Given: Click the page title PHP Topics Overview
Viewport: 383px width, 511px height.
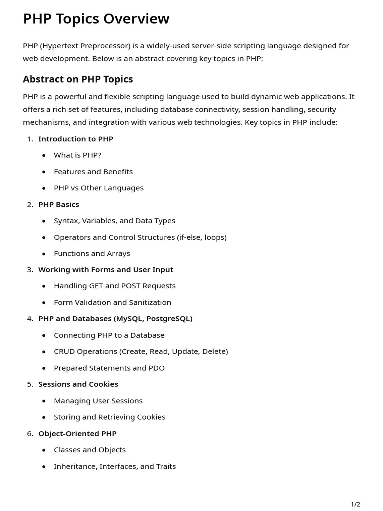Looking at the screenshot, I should click(96, 19).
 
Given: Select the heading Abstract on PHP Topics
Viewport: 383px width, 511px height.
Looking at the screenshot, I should click(78, 79).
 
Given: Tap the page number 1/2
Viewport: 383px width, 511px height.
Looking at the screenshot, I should click(355, 504).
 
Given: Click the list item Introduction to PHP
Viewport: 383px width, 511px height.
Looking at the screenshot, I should click(76, 139).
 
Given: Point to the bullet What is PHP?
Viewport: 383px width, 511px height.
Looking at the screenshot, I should click(77, 155).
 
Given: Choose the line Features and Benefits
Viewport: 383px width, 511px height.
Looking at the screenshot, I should click(93, 172).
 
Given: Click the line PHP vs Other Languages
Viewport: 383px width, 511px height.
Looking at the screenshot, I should click(99, 188).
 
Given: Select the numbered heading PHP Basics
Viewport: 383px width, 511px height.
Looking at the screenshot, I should click(59, 204).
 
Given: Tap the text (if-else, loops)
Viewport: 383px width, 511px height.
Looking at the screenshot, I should click(201, 237).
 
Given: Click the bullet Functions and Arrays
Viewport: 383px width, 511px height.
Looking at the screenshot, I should click(92, 254).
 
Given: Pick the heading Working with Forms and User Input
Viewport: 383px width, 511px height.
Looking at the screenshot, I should click(106, 270).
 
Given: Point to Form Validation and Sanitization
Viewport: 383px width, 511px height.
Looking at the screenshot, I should click(112, 302).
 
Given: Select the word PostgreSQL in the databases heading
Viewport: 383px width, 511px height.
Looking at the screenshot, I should click(169, 319).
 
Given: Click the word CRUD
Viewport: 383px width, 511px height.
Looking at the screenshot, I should click(65, 351).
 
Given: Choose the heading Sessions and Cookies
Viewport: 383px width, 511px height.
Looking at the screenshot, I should click(78, 384).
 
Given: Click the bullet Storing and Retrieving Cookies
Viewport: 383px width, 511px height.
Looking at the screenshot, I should click(109, 417).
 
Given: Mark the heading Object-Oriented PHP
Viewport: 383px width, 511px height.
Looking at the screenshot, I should click(77, 434).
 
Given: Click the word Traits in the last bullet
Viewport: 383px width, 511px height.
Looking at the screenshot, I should click(165, 466).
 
